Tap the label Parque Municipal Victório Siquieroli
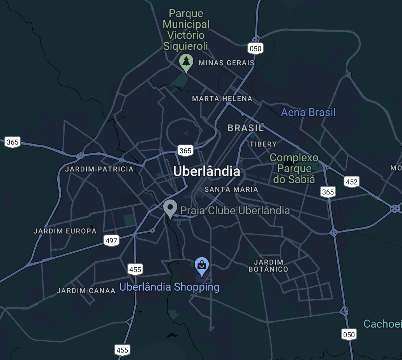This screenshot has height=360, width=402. tap(186, 30)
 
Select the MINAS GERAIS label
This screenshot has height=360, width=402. tap(226, 62)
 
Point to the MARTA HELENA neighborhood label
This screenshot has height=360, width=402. tap(222, 99)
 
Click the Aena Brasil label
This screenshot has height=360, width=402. tap(308, 113)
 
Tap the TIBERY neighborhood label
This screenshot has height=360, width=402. tap(263, 144)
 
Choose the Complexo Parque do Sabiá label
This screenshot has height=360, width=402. tap(294, 168)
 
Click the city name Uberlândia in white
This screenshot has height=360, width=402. tap(206, 171)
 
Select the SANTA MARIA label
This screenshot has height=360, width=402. tap(231, 189)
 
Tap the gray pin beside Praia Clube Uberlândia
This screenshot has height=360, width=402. tap(170, 208)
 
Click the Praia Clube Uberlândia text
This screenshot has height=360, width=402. tap(235, 211)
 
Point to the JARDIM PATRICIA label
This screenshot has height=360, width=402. tap(99, 169)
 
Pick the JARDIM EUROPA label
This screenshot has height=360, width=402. tap(65, 231)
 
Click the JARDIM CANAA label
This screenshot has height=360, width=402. tap(86, 291)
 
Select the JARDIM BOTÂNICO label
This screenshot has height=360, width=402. tap(268, 265)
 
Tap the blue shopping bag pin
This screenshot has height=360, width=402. tap(201, 266)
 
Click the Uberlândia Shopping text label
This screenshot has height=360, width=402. tap(169, 287)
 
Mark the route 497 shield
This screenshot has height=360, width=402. tap(111, 240)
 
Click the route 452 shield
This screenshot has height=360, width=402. tap(351, 182)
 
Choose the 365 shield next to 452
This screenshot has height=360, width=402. tap(328, 191)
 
